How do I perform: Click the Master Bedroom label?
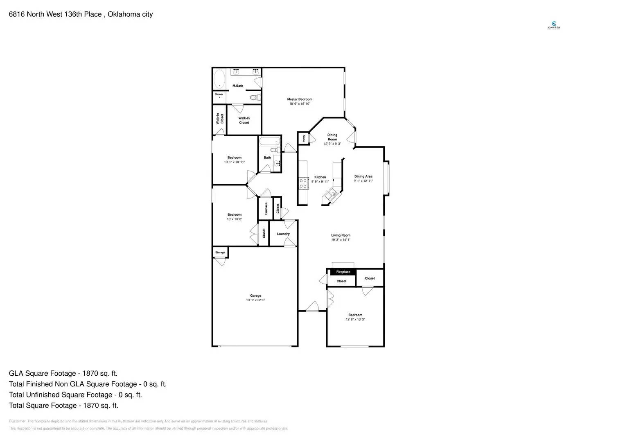click(300, 99)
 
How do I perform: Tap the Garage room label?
click(256, 295)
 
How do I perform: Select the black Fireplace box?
click(343, 272)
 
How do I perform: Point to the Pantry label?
click(304, 138)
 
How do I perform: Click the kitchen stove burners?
click(303, 183)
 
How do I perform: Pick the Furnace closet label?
click(266, 208)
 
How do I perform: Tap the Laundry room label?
click(283, 234)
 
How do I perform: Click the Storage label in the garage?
click(220, 253)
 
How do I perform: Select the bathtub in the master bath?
click(219, 79)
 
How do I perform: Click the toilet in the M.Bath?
click(255, 97)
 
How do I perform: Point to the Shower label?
click(219, 94)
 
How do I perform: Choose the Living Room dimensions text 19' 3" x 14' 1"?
click(341, 240)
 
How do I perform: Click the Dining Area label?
click(363, 176)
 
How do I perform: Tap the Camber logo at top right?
click(554, 25)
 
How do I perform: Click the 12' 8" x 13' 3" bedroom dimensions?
click(355, 319)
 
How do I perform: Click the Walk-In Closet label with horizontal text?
click(244, 120)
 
